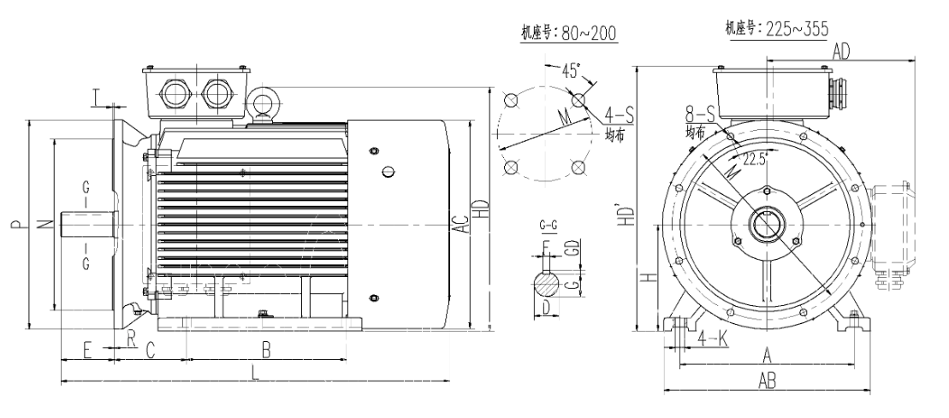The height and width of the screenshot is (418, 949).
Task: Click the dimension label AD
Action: [x=841, y=51]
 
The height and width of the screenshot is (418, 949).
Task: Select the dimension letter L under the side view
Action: [x=254, y=372]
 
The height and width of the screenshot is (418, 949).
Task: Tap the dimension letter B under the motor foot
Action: [x=266, y=349]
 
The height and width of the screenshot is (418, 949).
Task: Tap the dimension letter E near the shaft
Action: [x=86, y=349]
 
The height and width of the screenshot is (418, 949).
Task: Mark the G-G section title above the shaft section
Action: [x=549, y=225]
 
